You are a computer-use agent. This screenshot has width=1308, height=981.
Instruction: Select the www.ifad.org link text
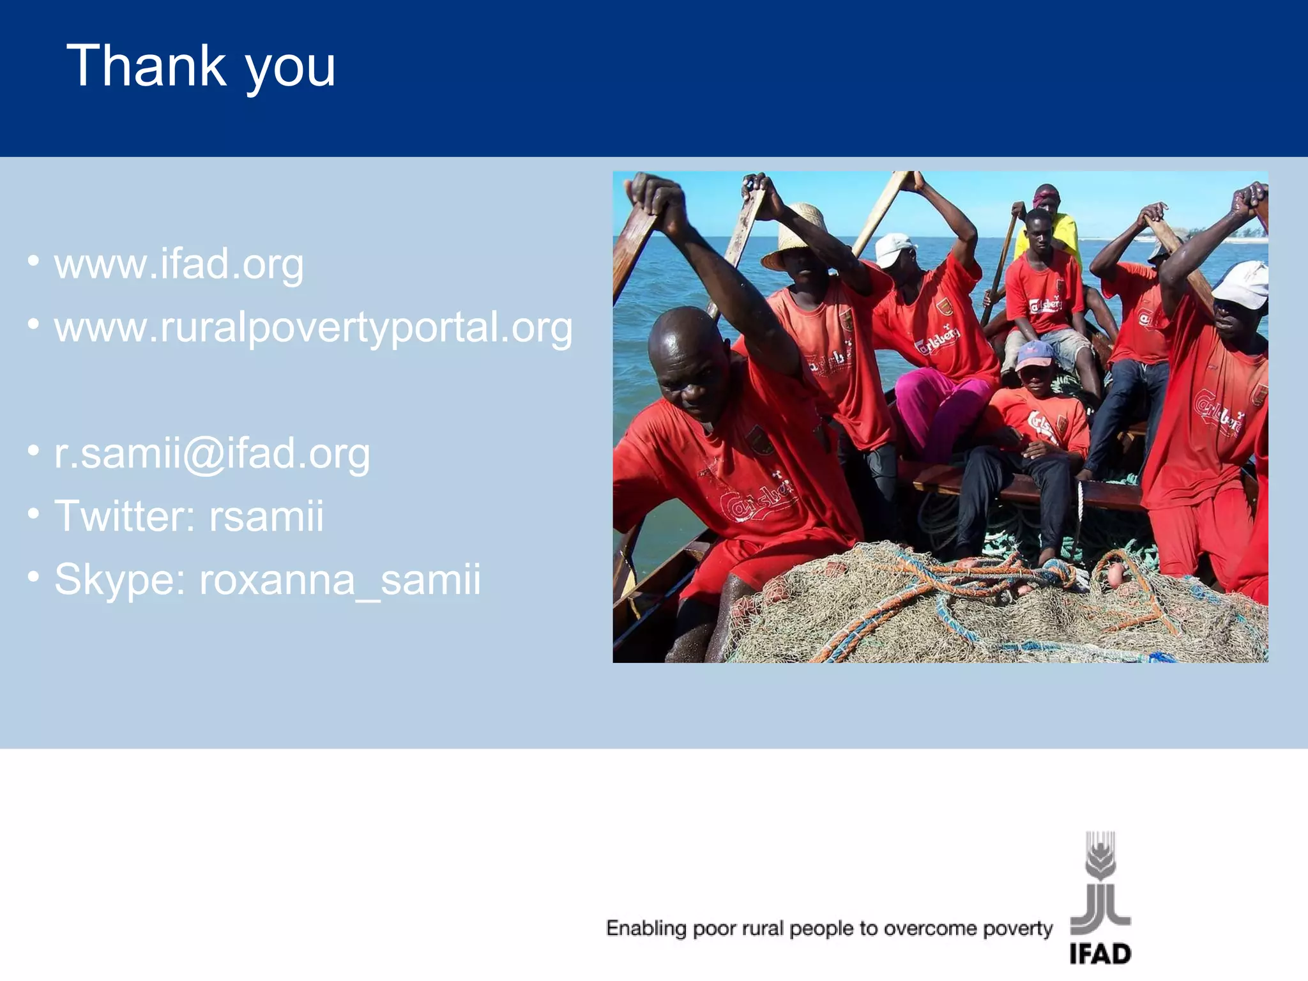click(179, 264)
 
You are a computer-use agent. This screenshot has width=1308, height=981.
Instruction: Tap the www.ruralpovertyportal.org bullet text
click(313, 328)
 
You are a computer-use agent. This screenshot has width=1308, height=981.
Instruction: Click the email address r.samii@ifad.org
click(212, 454)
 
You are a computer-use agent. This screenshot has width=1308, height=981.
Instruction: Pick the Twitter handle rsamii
click(266, 515)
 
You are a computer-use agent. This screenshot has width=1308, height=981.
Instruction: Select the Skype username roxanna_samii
click(340, 579)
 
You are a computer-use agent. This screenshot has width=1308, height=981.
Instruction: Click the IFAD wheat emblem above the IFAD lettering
click(1100, 856)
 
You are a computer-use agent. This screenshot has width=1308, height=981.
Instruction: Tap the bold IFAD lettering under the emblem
click(1100, 954)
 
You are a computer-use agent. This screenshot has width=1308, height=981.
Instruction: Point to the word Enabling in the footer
click(646, 928)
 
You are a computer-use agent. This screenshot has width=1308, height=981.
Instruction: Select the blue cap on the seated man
click(1035, 354)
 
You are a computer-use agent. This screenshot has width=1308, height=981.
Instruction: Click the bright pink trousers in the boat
click(939, 409)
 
